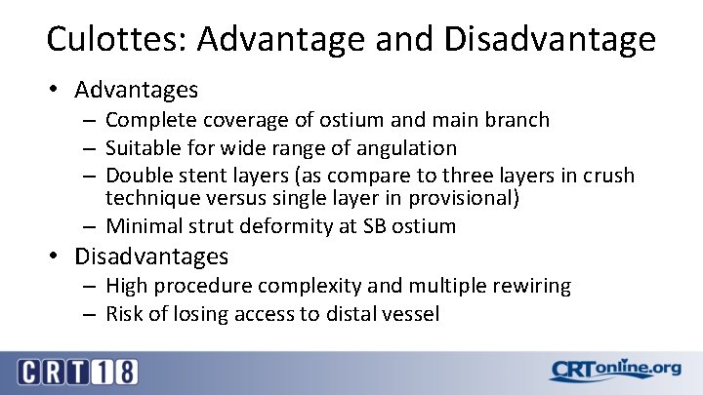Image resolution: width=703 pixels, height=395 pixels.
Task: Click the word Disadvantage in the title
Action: click(x=550, y=40)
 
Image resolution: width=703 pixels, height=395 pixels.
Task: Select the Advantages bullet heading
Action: click(x=137, y=91)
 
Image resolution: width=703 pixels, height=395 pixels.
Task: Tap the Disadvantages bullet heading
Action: click(x=151, y=257)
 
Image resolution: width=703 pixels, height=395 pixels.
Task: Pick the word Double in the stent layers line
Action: click(x=137, y=177)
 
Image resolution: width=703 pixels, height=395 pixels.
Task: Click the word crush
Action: click(x=607, y=177)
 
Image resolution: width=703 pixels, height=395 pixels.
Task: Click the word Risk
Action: click(x=124, y=314)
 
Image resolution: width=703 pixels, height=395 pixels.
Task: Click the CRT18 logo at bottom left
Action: click(x=77, y=372)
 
